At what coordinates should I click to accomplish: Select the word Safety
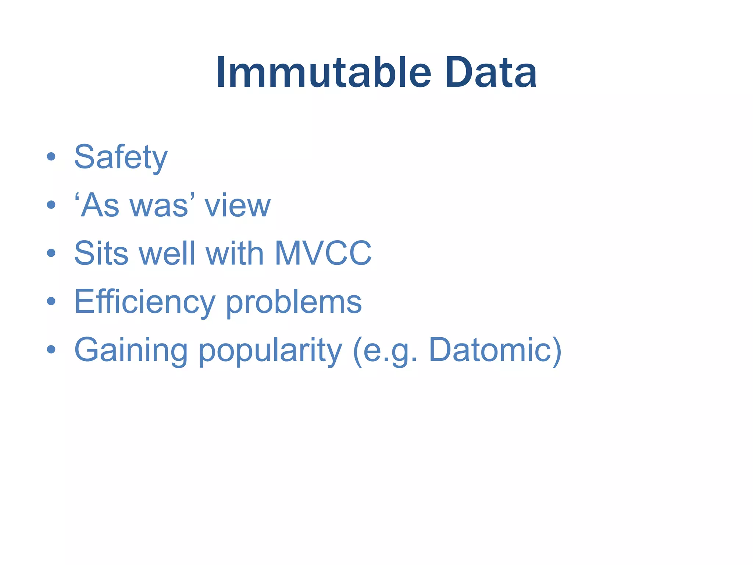tap(121, 157)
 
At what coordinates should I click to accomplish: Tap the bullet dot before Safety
tap(51, 157)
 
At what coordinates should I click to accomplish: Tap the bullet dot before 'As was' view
tap(51, 205)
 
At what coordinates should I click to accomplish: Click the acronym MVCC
tap(323, 253)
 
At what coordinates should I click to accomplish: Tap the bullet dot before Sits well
tap(51, 253)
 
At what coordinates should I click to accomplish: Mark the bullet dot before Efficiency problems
tap(51, 301)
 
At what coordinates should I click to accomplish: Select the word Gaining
tap(131, 350)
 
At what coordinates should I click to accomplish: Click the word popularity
tap(270, 350)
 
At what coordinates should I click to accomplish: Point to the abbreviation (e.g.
tap(385, 350)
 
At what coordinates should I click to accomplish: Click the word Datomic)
tap(495, 350)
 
